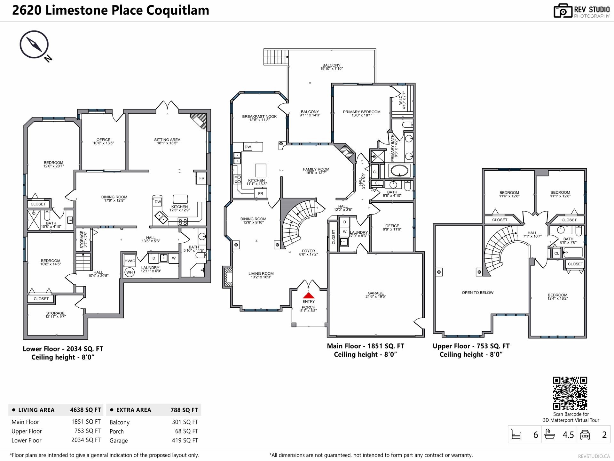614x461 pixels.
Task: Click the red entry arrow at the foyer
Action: coord(308,295)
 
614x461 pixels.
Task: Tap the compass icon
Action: coord(34,45)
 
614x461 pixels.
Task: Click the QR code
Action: coord(570,393)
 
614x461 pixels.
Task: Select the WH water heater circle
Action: coord(130,272)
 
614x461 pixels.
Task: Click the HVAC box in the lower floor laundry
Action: coord(130,261)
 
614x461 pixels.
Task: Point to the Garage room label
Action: coord(375,295)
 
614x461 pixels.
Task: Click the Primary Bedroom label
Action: coord(361,113)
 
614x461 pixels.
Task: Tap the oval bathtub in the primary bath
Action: coord(399,171)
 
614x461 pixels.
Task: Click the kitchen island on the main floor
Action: coord(261,170)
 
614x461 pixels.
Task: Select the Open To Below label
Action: coord(477,293)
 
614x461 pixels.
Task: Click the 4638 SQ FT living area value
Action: coord(85,410)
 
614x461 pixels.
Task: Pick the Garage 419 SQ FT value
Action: coord(185,441)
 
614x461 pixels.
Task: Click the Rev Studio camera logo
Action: coord(563,11)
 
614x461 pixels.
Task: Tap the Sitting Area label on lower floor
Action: coord(167,141)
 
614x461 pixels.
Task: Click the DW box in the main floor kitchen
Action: coord(248,147)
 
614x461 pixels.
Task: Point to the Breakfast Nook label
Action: coord(259,118)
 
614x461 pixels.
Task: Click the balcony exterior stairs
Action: coord(276,57)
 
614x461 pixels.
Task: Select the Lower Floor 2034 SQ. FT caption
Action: coord(63,349)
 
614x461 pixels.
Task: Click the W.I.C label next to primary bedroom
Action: coord(402,100)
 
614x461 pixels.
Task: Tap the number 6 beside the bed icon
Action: coord(535,435)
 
